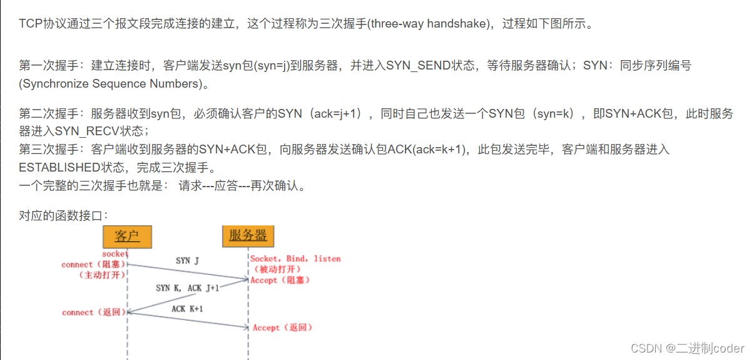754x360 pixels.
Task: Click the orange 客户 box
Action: (x=127, y=236)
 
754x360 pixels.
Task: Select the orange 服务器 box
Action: (x=248, y=235)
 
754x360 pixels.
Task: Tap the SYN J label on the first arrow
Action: (x=187, y=260)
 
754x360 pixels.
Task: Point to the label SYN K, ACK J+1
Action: (x=187, y=288)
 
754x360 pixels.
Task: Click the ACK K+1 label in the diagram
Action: (x=187, y=309)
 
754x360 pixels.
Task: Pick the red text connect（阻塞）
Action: (x=94, y=264)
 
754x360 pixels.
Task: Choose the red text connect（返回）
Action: (x=94, y=312)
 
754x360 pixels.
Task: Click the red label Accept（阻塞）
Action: (x=280, y=280)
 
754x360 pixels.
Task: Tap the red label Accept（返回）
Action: (x=282, y=328)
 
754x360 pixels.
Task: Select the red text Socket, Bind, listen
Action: (x=295, y=259)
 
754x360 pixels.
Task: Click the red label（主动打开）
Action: (x=102, y=275)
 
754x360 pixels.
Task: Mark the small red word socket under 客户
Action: (x=115, y=254)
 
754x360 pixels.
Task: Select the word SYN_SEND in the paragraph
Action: (x=418, y=65)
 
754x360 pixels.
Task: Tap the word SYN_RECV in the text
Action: (x=86, y=131)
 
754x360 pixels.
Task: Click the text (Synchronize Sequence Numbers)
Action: (x=115, y=83)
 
